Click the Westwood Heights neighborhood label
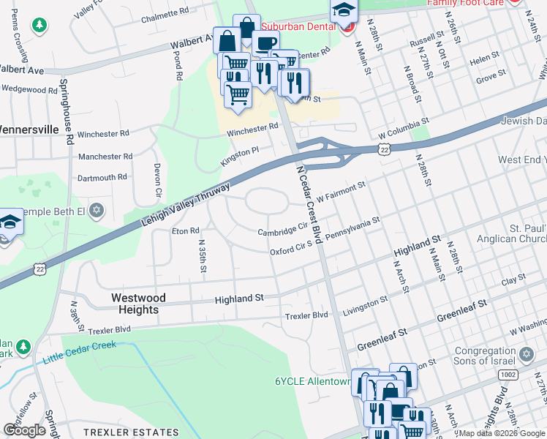pos(138,304)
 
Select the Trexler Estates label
pos(131,432)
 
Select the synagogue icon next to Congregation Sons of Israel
pos(524,356)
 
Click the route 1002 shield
pos(508,374)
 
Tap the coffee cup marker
pos(265,42)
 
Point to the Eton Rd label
pos(185,231)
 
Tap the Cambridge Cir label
pos(282,230)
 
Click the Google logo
pos(24,430)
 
